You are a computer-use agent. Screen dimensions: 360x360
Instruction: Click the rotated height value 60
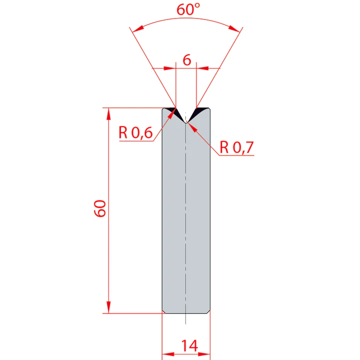(x=99, y=208)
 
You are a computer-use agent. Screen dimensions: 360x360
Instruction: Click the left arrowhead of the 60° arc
(x=133, y=31)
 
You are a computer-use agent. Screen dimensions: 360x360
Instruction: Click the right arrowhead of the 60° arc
(x=239, y=31)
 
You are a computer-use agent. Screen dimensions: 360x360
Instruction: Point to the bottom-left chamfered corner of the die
(x=163, y=311)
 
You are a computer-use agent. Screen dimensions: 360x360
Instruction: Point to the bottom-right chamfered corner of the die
(x=208, y=311)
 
